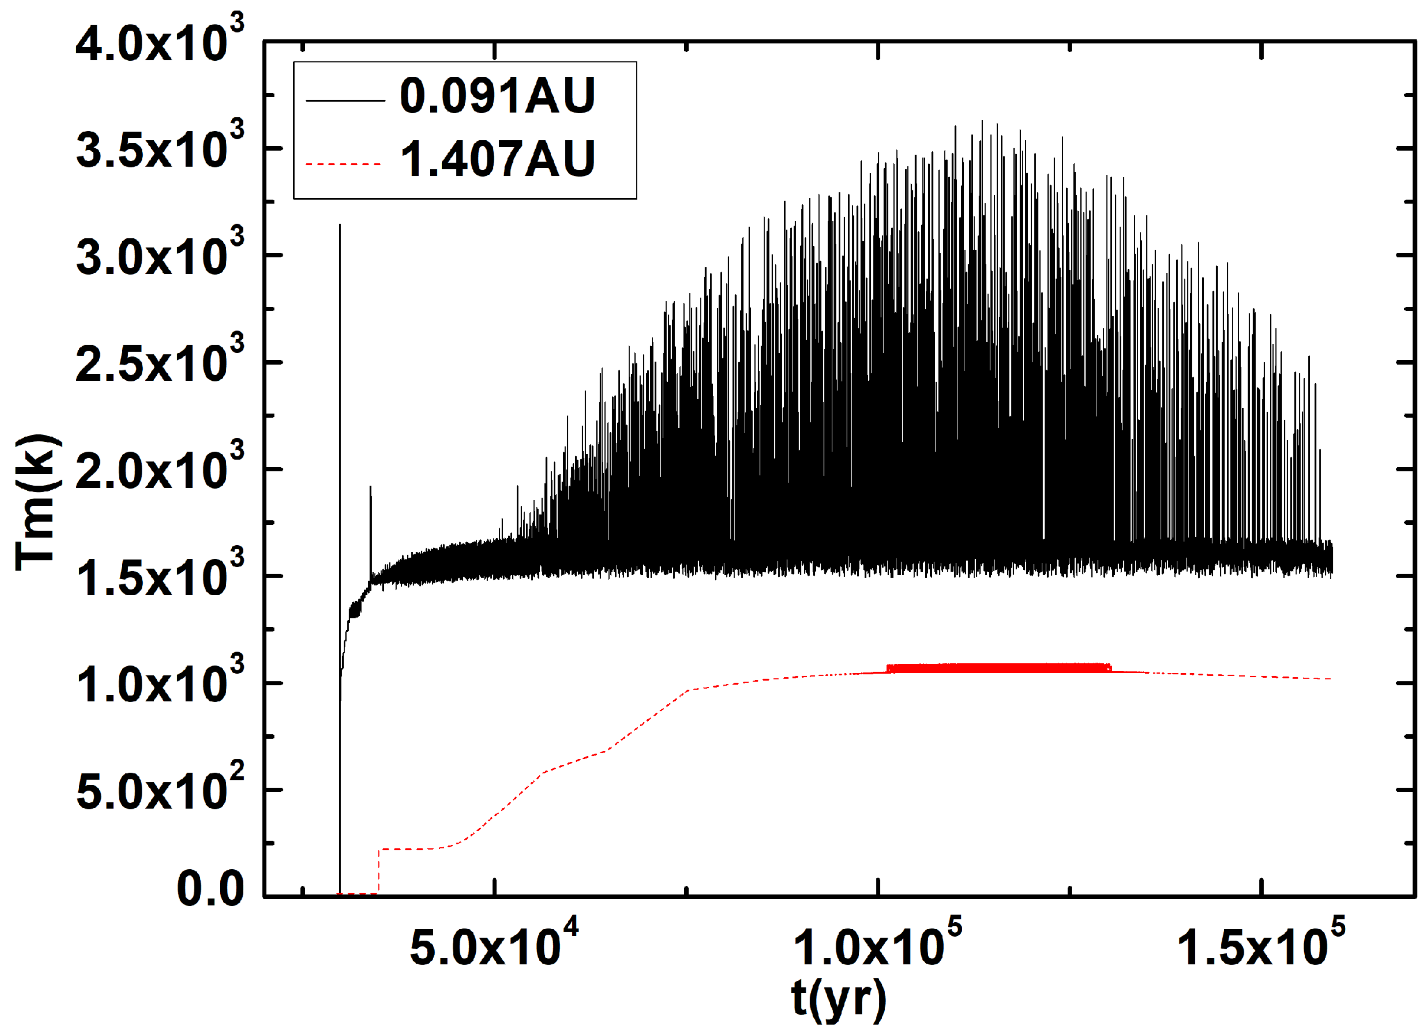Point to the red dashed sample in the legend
click(343, 165)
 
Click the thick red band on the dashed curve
click(998, 668)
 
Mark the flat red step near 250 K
click(411, 849)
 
